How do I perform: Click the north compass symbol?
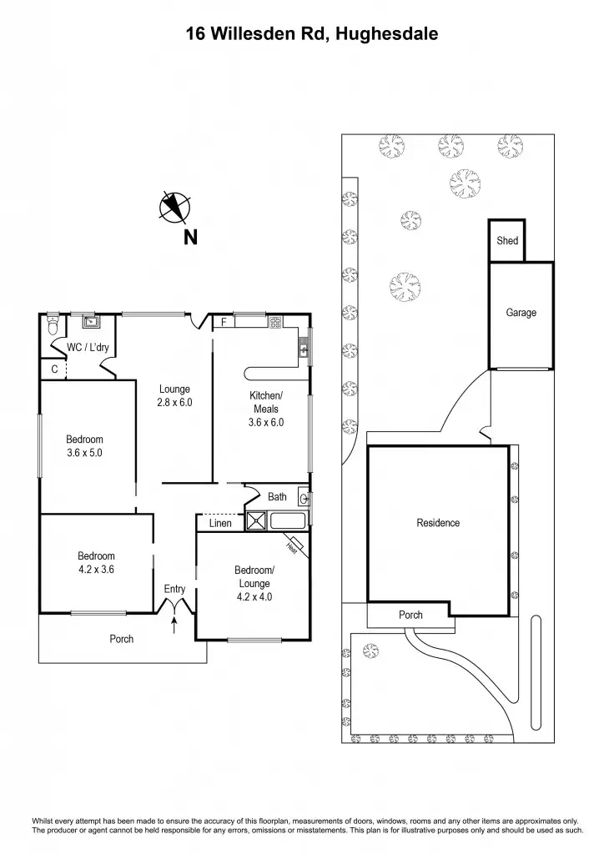pos(176,207)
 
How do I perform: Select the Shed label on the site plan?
pos(507,241)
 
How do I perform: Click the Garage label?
pos(521,313)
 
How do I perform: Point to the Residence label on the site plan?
pos(438,523)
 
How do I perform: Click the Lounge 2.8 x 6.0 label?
pos(175,395)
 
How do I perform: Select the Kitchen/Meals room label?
pos(267,408)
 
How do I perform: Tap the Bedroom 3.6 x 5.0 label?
pos(85,446)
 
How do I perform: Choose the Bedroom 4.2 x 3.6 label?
pos(96,563)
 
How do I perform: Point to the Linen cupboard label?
pos(220,523)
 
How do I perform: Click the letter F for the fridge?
pos(224,322)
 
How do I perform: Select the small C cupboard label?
pos(53,368)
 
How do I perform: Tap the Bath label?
pos(277,497)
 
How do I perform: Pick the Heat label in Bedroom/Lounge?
pos(292,547)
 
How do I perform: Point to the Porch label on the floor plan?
pos(122,639)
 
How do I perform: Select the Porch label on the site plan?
pos(410,615)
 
